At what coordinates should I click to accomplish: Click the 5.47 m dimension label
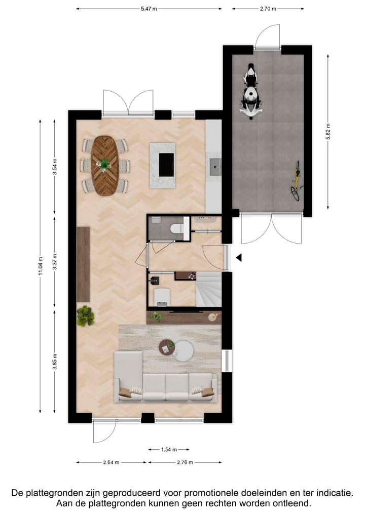click(149, 9)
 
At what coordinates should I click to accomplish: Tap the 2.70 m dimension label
click(268, 9)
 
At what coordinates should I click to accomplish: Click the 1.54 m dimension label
click(169, 449)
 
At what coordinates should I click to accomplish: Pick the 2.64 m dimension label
click(111, 462)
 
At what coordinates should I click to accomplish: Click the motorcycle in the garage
click(251, 91)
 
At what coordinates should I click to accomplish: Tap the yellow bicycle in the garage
click(296, 180)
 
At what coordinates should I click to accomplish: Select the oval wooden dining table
click(105, 165)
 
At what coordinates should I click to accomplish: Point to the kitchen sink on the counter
click(215, 166)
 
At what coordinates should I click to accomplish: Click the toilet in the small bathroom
click(176, 228)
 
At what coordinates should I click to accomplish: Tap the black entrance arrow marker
click(239, 258)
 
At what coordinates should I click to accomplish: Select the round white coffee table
click(182, 350)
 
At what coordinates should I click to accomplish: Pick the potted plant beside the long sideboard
click(86, 316)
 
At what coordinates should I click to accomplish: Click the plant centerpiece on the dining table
click(104, 164)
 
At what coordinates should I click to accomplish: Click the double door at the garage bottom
click(271, 228)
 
